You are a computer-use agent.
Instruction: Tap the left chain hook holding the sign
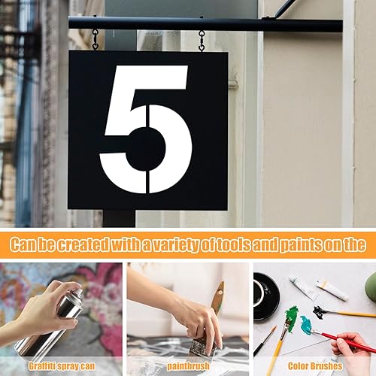(x=96, y=40)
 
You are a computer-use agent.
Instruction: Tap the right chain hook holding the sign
(x=202, y=41)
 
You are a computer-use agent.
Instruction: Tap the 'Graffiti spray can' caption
(x=62, y=366)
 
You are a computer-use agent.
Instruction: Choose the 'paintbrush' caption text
(x=188, y=366)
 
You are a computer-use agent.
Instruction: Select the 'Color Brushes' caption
(x=315, y=366)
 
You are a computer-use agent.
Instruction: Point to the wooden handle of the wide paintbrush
(x=217, y=299)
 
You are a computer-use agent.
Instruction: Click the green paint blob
(x=292, y=317)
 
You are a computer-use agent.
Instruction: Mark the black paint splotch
(x=320, y=311)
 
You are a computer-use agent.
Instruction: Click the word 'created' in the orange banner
(x=83, y=244)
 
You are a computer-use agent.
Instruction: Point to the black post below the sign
(x=119, y=218)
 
